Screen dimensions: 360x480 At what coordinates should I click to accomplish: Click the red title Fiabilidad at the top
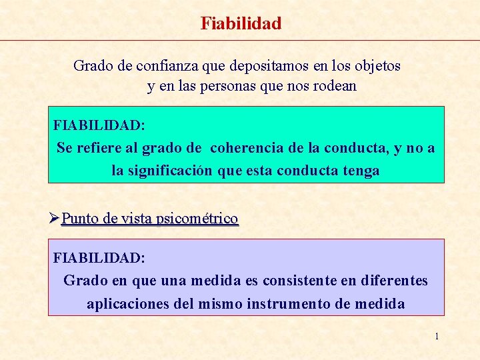[x=241, y=24]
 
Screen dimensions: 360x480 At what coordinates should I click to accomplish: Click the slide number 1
[x=437, y=336]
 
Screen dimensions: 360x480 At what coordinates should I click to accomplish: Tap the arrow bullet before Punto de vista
[x=55, y=218]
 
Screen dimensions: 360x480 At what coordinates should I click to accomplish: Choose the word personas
[x=225, y=86]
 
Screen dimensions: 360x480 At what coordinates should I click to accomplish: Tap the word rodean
[x=335, y=86]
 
